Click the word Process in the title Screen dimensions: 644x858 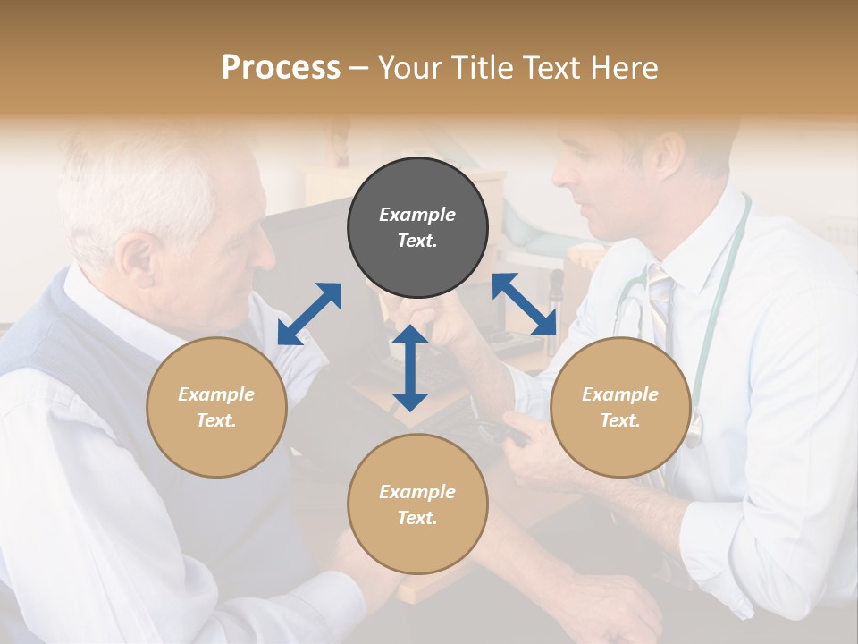pyautogui.click(x=281, y=68)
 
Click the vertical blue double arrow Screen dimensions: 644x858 pyautogui.click(x=410, y=368)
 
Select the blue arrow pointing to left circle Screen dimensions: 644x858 pyautogui.click(x=309, y=314)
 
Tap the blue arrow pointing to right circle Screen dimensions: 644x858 pyautogui.click(x=525, y=304)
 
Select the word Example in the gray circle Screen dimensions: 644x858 pyautogui.click(x=417, y=215)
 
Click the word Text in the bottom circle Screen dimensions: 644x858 pyautogui.click(x=416, y=518)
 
